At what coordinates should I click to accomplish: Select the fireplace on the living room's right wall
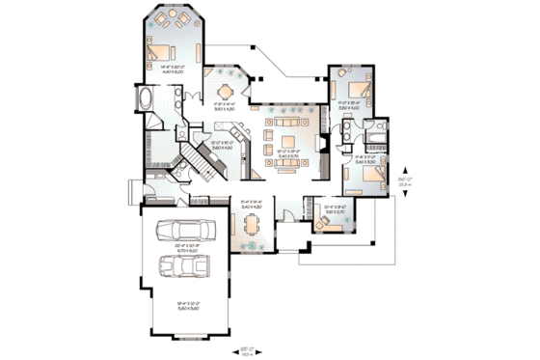319,142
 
